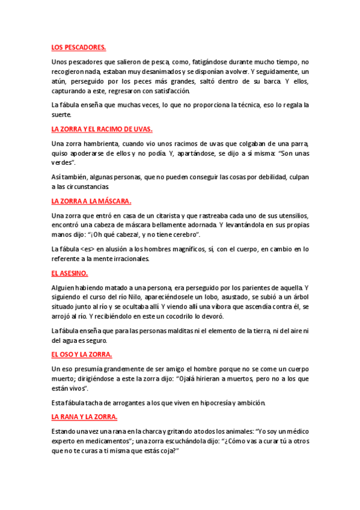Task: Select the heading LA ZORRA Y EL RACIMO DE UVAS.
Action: [102, 129]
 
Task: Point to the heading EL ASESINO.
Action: [71, 272]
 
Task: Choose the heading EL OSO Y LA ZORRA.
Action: [82, 354]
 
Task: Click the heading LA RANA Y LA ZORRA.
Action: [84, 416]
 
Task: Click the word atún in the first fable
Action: [59, 81]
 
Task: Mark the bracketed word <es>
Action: [89, 248]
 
